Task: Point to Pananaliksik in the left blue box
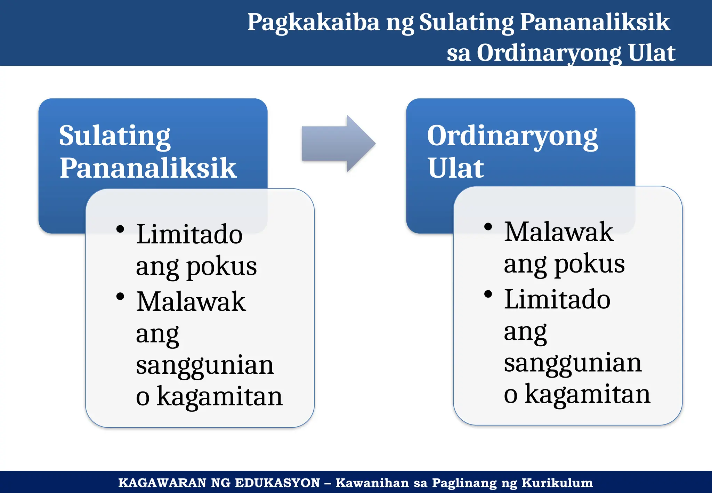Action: [x=148, y=168]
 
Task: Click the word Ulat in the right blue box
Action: [x=455, y=168]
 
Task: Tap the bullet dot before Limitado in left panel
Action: [x=120, y=229]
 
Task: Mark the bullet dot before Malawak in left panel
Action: [x=120, y=297]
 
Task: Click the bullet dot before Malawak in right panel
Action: [x=488, y=227]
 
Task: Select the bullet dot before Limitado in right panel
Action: [x=488, y=294]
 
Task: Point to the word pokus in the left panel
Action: [x=222, y=266]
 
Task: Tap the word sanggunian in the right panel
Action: [x=573, y=363]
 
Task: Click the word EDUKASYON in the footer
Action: [x=277, y=483]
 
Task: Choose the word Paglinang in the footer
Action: [x=464, y=483]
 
